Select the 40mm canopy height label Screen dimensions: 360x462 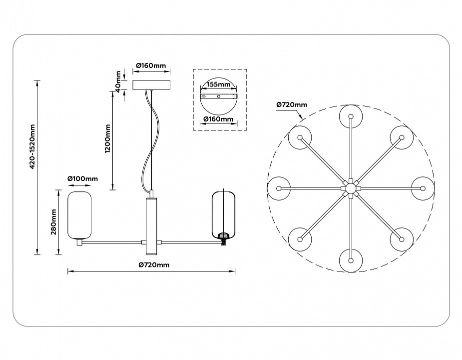118,79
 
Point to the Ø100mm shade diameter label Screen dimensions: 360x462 82,178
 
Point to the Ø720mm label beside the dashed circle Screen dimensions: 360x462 292,104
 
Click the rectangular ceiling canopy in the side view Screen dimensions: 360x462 152,84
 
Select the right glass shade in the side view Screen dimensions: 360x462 223,214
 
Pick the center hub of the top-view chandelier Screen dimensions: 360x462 351,188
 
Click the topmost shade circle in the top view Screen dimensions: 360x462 351,116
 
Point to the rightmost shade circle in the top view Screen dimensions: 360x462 423,188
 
